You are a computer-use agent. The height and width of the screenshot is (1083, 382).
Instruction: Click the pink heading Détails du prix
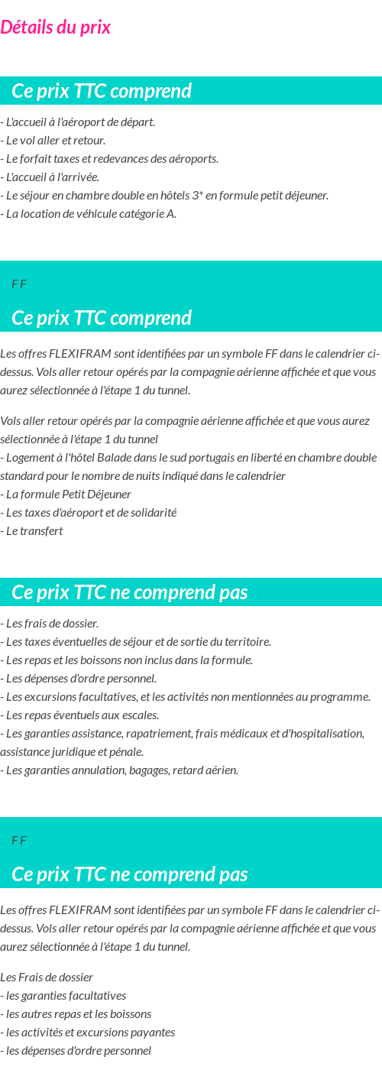pos(55,28)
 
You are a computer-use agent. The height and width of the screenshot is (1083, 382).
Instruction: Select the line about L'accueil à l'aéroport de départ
pos(78,122)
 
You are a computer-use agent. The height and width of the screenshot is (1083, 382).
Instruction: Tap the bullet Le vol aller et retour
pos(53,141)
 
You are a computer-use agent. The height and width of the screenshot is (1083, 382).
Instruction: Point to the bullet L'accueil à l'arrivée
pos(50,177)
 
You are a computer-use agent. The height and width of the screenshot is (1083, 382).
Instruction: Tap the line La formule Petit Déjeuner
pos(66,494)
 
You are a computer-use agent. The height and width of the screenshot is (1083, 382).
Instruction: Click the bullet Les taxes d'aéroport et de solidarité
pos(89,513)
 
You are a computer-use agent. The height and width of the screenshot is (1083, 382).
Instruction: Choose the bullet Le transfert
pos(32,531)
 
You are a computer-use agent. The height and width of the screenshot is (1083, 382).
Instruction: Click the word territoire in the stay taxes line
pos(246,642)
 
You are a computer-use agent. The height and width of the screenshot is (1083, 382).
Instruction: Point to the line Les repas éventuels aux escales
pos(80,715)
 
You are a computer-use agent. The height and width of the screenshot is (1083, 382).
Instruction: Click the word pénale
pos(125,752)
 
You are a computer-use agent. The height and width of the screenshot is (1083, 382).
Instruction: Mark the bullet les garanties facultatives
pos(63,996)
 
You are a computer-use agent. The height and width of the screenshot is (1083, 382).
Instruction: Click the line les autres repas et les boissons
pos(76,1014)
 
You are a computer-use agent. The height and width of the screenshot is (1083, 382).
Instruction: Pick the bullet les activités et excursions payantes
pos(88,1033)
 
